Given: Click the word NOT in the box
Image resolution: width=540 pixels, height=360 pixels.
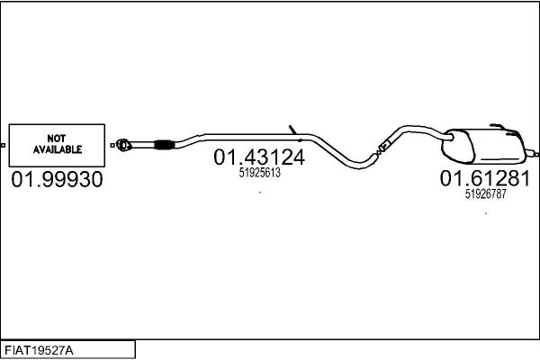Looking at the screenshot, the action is point(57,139).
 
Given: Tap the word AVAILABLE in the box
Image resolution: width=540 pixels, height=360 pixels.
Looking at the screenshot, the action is point(58,149).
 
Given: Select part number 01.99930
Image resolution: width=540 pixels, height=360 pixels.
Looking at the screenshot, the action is point(58,179).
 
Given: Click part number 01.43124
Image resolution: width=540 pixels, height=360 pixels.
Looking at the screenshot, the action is point(259,157).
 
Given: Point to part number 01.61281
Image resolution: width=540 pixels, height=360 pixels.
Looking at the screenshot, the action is point(485,178).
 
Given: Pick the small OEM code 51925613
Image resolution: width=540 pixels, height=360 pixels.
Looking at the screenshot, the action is point(260,172).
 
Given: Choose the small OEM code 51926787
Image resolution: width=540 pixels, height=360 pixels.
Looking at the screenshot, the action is point(486,193).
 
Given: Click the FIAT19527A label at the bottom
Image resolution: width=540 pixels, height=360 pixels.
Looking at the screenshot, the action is point(39,351).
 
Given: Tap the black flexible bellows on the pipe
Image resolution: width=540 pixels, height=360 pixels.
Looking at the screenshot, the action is point(164,145).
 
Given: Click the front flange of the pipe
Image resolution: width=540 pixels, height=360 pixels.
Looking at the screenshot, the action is point(123,145).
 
